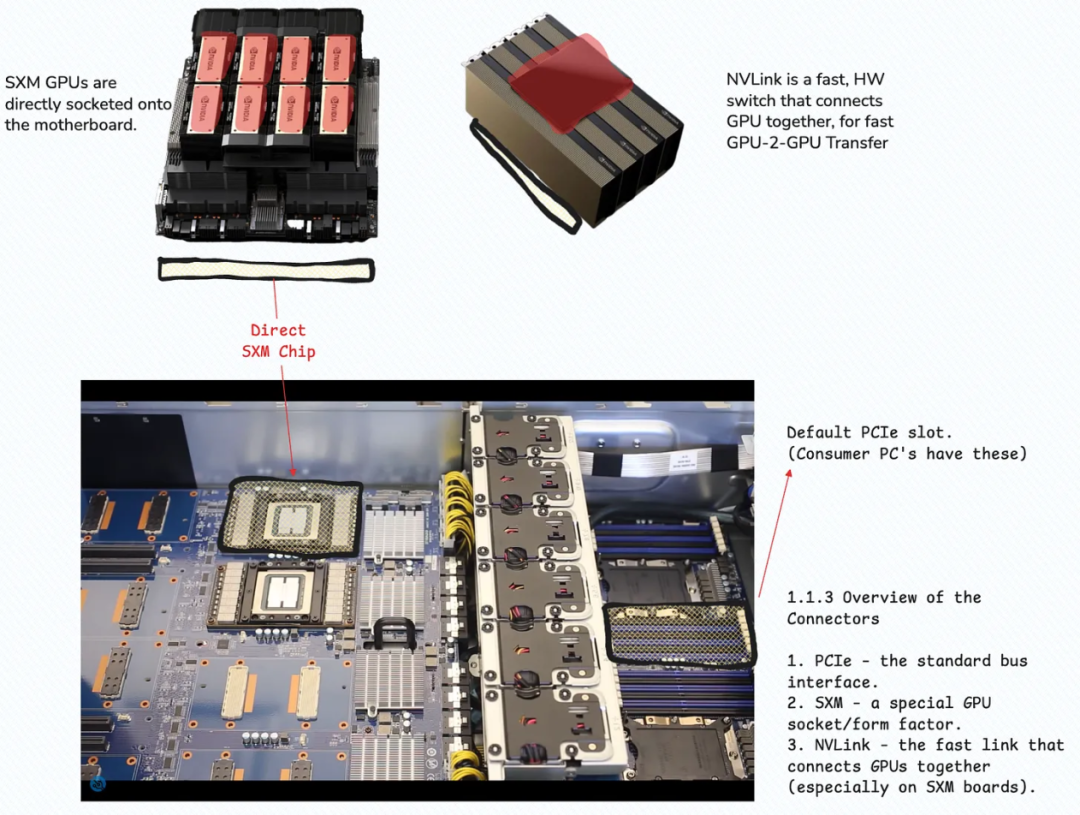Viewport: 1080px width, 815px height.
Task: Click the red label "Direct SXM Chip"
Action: click(x=278, y=340)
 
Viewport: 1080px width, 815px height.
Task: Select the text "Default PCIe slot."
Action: click(x=869, y=433)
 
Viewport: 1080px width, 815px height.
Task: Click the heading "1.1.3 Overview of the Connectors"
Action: click(x=884, y=608)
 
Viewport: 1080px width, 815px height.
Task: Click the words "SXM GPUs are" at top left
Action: click(x=61, y=83)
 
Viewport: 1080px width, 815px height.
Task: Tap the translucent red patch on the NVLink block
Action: click(x=569, y=81)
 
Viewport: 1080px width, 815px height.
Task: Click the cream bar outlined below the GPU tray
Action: click(x=267, y=269)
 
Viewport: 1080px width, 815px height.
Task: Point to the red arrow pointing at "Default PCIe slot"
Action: click(x=774, y=534)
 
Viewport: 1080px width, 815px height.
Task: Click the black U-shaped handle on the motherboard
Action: click(x=394, y=632)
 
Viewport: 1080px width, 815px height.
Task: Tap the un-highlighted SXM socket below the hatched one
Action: click(x=282, y=593)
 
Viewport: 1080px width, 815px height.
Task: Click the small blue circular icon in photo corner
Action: click(x=98, y=784)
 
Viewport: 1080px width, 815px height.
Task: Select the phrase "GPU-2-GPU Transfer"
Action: click(x=807, y=143)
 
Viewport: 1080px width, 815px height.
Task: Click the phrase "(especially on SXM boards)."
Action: click(x=911, y=787)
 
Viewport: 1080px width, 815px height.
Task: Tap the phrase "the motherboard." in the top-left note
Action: click(x=70, y=125)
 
